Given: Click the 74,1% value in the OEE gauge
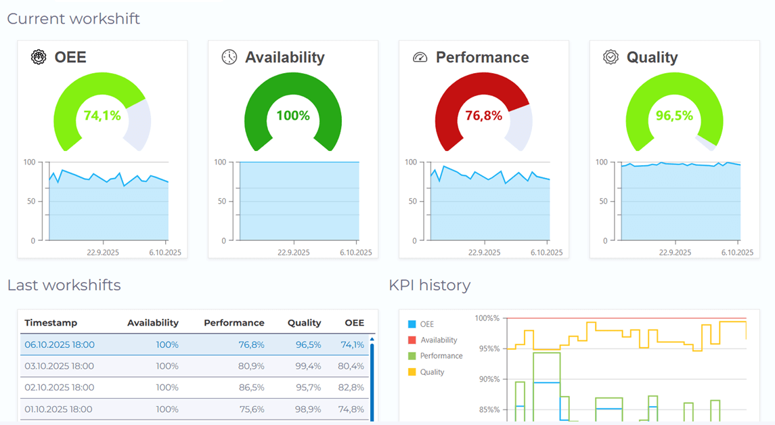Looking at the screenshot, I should click(x=102, y=116).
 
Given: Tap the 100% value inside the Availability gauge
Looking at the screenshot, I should click(x=292, y=116).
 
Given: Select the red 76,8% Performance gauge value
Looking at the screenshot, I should click(x=483, y=116).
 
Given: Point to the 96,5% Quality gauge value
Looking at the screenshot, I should click(x=674, y=116).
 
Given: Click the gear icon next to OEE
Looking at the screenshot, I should click(x=39, y=58).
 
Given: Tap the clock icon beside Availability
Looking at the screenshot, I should click(x=229, y=58).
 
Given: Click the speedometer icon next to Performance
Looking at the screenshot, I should click(x=420, y=58).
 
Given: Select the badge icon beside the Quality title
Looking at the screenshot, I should click(x=611, y=58).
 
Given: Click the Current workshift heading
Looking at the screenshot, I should click(x=73, y=18).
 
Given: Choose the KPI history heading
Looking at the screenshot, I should click(x=429, y=285).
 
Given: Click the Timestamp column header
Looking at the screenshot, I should click(x=51, y=323).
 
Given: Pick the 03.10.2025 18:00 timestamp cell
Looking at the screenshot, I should click(x=60, y=366).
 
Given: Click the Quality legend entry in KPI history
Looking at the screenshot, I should click(x=432, y=372).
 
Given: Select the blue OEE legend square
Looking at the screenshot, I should click(x=412, y=324).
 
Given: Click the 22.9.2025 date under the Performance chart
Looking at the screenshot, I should click(x=484, y=252).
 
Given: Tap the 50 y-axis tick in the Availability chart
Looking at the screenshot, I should click(x=222, y=202).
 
